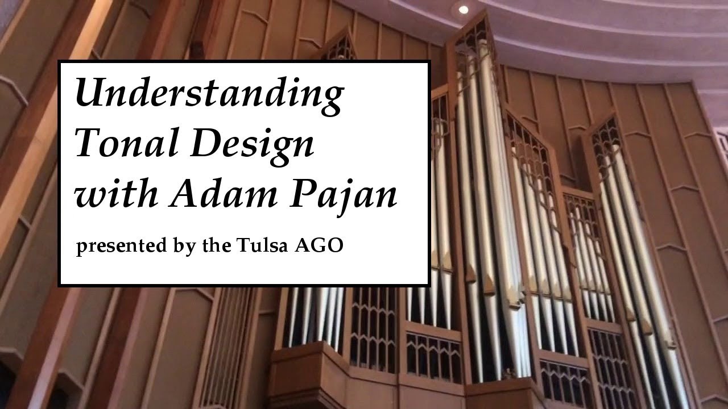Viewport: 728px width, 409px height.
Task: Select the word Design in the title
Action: click(252, 144)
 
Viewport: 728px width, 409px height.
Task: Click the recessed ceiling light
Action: click(464, 9)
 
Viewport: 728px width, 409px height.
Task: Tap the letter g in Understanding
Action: click(332, 98)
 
